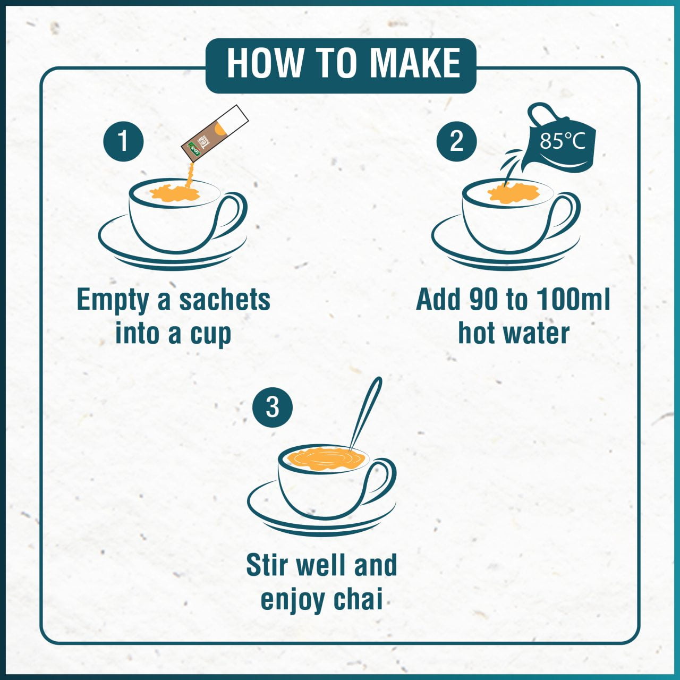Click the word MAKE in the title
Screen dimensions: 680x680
coord(415,63)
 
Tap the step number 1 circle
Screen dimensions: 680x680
coord(123,141)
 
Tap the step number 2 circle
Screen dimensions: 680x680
coord(456,141)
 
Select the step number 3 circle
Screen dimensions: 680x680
coord(272,407)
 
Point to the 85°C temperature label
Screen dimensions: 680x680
coord(562,141)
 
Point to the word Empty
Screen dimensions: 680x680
coord(113,300)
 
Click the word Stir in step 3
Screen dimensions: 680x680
coord(266,565)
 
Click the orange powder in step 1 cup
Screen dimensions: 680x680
coord(173,192)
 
